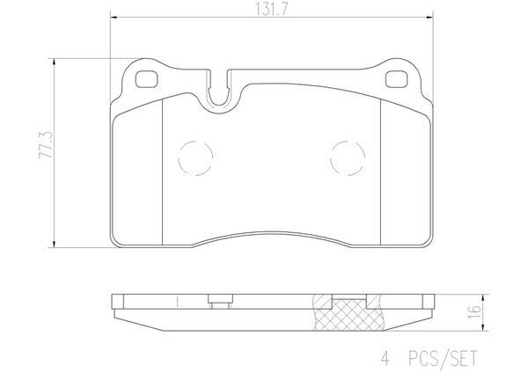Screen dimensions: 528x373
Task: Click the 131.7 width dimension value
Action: coord(271,9)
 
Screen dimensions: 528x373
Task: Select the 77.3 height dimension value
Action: coord(46,145)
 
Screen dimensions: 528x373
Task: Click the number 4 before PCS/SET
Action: coord(385,358)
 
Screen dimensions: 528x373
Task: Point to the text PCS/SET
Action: coord(444,358)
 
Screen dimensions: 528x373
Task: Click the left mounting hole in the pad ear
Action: coord(146,79)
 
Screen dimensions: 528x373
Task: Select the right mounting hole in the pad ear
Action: coord(396,79)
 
